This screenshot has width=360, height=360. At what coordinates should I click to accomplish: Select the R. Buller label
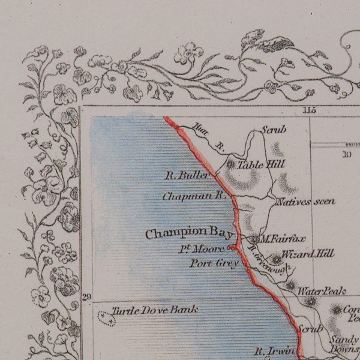[x=187, y=176]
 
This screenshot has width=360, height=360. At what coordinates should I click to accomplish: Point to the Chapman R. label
[x=193, y=196]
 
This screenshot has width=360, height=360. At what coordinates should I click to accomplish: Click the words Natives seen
[x=305, y=202]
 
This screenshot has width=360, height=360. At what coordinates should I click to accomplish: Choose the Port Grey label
[x=214, y=263]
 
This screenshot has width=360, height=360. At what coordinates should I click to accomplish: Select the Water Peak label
[x=322, y=291]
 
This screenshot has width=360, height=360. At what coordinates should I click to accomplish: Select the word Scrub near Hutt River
[x=274, y=129]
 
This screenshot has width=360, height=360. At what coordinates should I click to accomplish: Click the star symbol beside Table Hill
[x=232, y=163]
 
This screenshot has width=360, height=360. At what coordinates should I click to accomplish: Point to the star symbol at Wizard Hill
[x=275, y=259]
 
